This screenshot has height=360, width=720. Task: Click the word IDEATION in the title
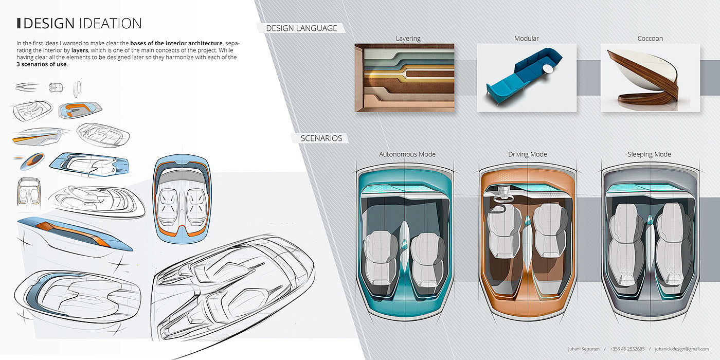(110, 24)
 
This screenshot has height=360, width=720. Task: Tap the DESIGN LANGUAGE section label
(301, 28)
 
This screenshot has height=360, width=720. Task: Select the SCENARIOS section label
(321, 138)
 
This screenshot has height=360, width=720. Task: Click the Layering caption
(408, 39)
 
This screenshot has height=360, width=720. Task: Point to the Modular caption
(526, 39)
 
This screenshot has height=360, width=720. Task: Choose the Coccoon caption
(650, 39)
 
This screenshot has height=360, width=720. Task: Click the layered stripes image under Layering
(404, 77)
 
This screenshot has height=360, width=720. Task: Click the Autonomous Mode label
(407, 154)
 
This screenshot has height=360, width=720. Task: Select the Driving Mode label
(528, 154)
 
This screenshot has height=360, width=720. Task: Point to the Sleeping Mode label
(649, 154)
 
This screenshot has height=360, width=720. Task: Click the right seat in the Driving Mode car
(550, 229)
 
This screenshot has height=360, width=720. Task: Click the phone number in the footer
(627, 349)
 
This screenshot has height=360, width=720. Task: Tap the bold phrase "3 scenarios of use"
(42, 64)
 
